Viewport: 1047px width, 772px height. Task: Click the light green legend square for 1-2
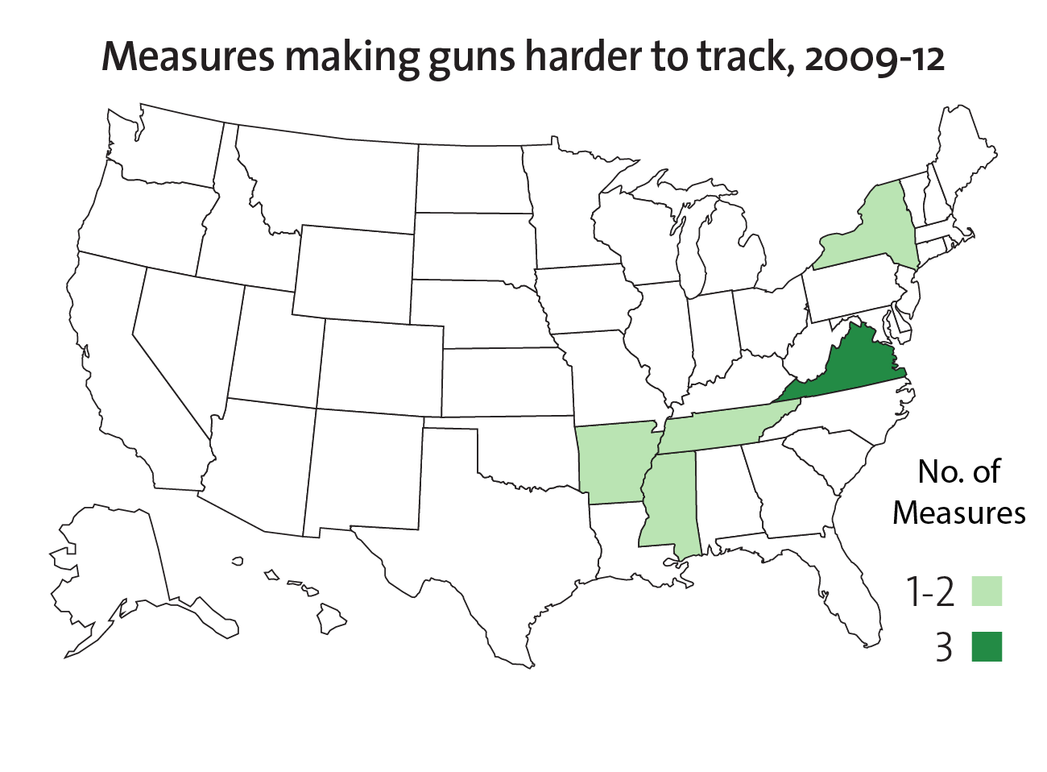coord(987,591)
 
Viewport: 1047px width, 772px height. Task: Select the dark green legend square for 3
coord(987,646)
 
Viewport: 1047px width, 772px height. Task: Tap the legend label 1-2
coord(930,592)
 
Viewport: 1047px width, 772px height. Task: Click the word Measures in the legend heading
coord(958,513)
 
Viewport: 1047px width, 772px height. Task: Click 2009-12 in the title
coord(874,58)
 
